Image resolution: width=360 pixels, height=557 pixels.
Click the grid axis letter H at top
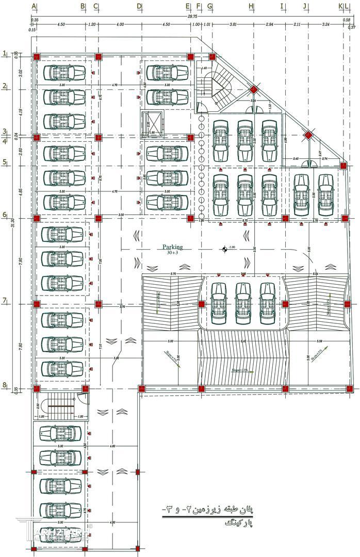click(251, 6)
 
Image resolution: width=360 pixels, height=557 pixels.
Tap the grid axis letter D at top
click(139, 6)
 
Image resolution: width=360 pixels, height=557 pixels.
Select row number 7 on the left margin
click(4, 300)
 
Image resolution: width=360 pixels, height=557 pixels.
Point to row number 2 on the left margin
click(4, 86)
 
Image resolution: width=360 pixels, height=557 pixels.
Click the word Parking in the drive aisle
click(172, 247)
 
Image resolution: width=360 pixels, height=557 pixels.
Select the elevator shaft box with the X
click(152, 124)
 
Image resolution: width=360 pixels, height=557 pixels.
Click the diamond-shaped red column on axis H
click(253, 90)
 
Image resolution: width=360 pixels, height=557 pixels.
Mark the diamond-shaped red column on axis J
click(307, 136)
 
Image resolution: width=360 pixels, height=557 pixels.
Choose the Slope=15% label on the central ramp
click(239, 370)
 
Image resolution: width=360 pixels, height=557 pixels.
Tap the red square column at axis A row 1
click(37, 57)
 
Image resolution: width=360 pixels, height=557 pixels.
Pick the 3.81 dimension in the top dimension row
click(233, 24)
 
